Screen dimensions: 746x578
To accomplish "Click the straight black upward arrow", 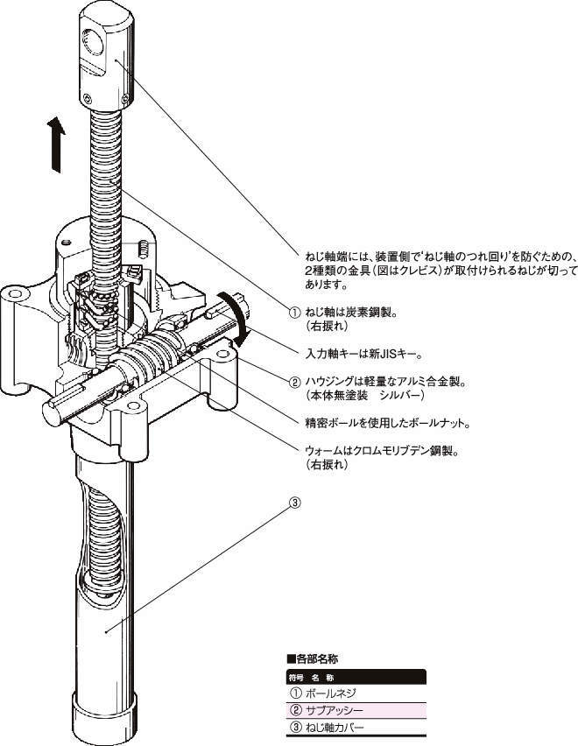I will [55, 145].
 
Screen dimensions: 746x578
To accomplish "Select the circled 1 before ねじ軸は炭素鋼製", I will [295, 313].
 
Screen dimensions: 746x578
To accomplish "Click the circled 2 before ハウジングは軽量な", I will [295, 382].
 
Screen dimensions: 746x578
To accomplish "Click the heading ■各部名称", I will [314, 658].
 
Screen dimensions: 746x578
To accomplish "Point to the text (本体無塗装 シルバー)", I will [363, 396].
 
